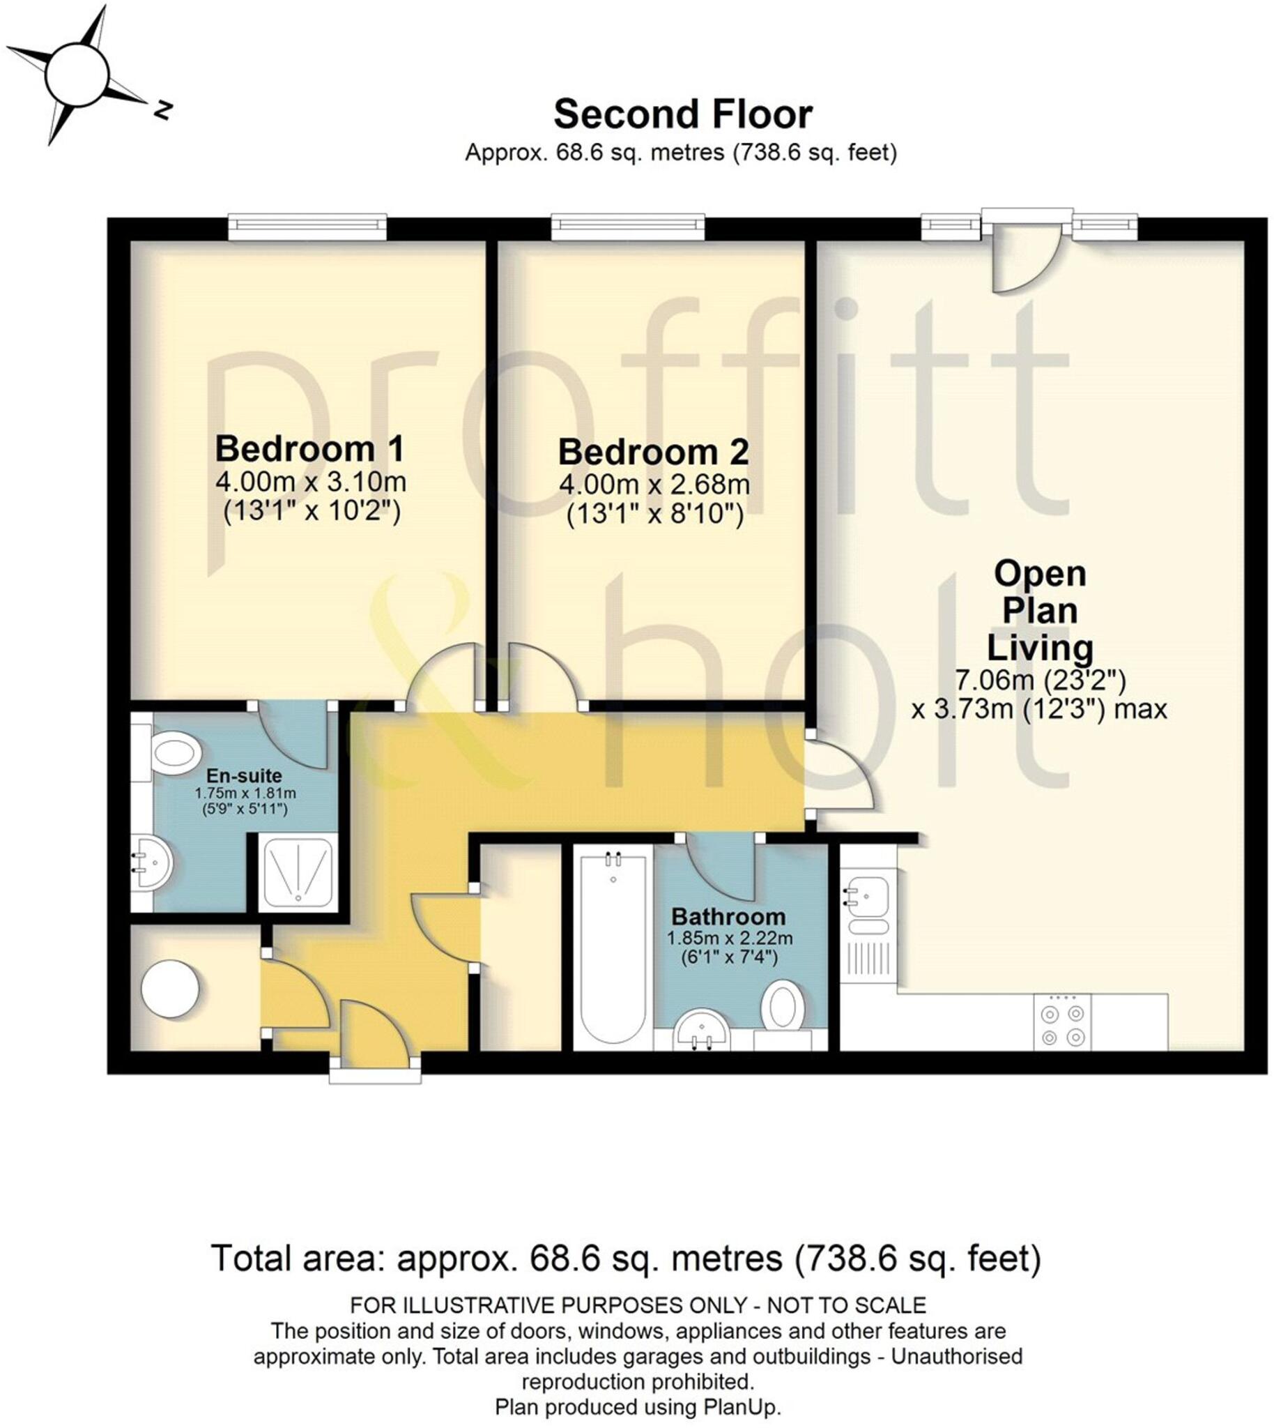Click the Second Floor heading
click(x=682, y=114)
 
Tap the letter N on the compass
click(x=163, y=109)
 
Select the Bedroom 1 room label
click(x=309, y=449)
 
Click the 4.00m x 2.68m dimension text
click(x=654, y=485)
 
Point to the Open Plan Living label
click(x=1040, y=611)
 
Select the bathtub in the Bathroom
click(x=613, y=947)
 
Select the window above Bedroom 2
click(x=627, y=225)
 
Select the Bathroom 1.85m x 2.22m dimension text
click(x=728, y=939)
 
